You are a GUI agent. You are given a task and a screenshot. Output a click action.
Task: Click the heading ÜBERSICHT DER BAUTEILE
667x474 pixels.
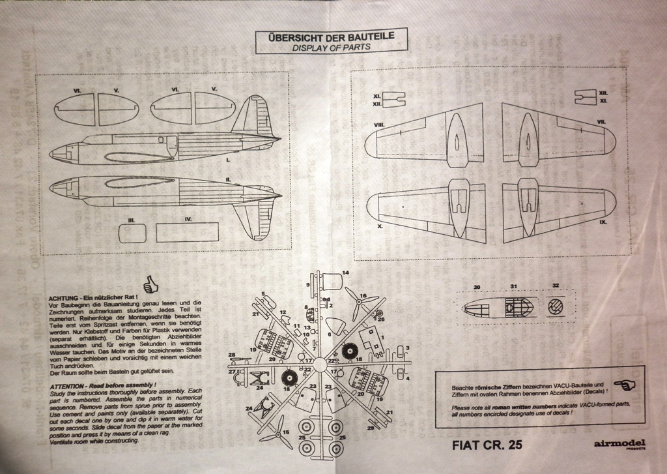332,37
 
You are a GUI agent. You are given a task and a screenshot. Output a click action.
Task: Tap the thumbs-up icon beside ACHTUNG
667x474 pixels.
151,282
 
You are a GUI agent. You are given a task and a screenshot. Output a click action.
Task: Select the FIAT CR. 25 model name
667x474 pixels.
486,446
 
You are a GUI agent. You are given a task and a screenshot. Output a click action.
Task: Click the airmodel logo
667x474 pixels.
618,444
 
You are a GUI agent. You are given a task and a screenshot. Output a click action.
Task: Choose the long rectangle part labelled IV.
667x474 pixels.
187,232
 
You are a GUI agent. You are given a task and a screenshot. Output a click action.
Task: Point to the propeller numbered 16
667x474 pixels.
356,301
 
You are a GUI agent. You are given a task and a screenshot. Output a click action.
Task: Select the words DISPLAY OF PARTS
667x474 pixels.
332,48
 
